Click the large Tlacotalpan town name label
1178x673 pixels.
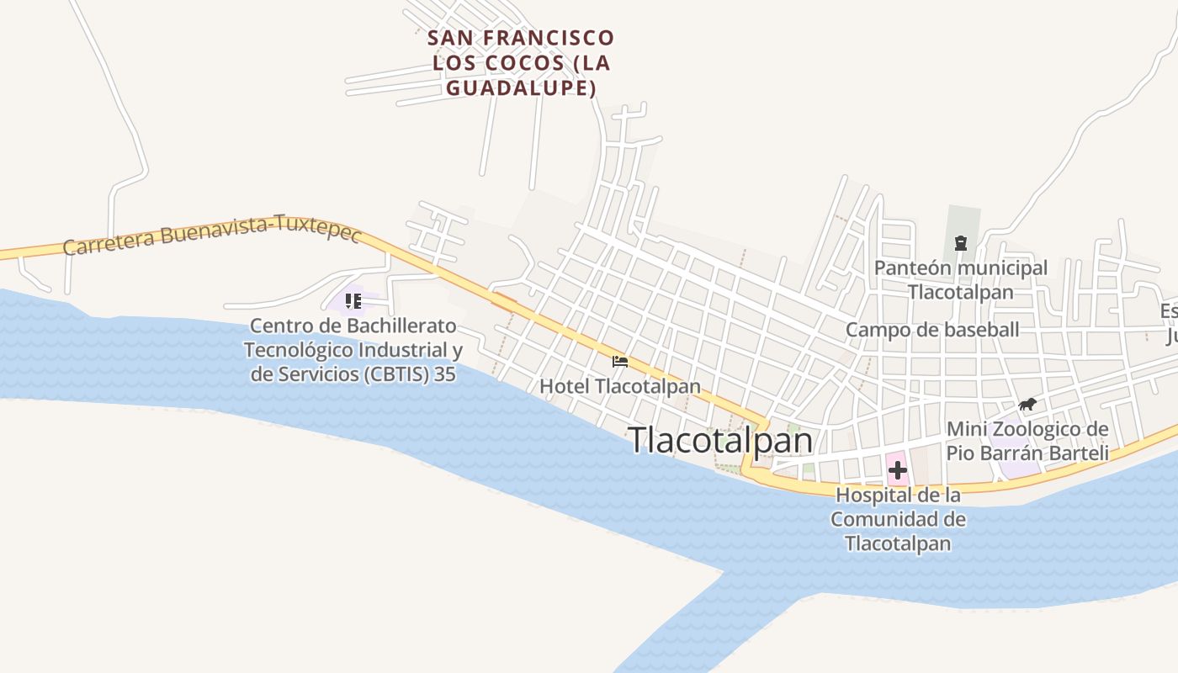(721, 440)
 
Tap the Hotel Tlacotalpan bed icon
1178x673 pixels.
(620, 362)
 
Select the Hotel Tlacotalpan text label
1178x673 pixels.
(620, 386)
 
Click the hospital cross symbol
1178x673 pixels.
(898, 470)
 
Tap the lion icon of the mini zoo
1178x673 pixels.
(1027, 405)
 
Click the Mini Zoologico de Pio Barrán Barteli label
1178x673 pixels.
(1027, 441)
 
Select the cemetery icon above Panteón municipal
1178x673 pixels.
(960, 243)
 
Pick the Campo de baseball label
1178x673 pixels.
(932, 330)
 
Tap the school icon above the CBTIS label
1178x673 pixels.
(353, 300)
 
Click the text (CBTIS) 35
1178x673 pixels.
(411, 374)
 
